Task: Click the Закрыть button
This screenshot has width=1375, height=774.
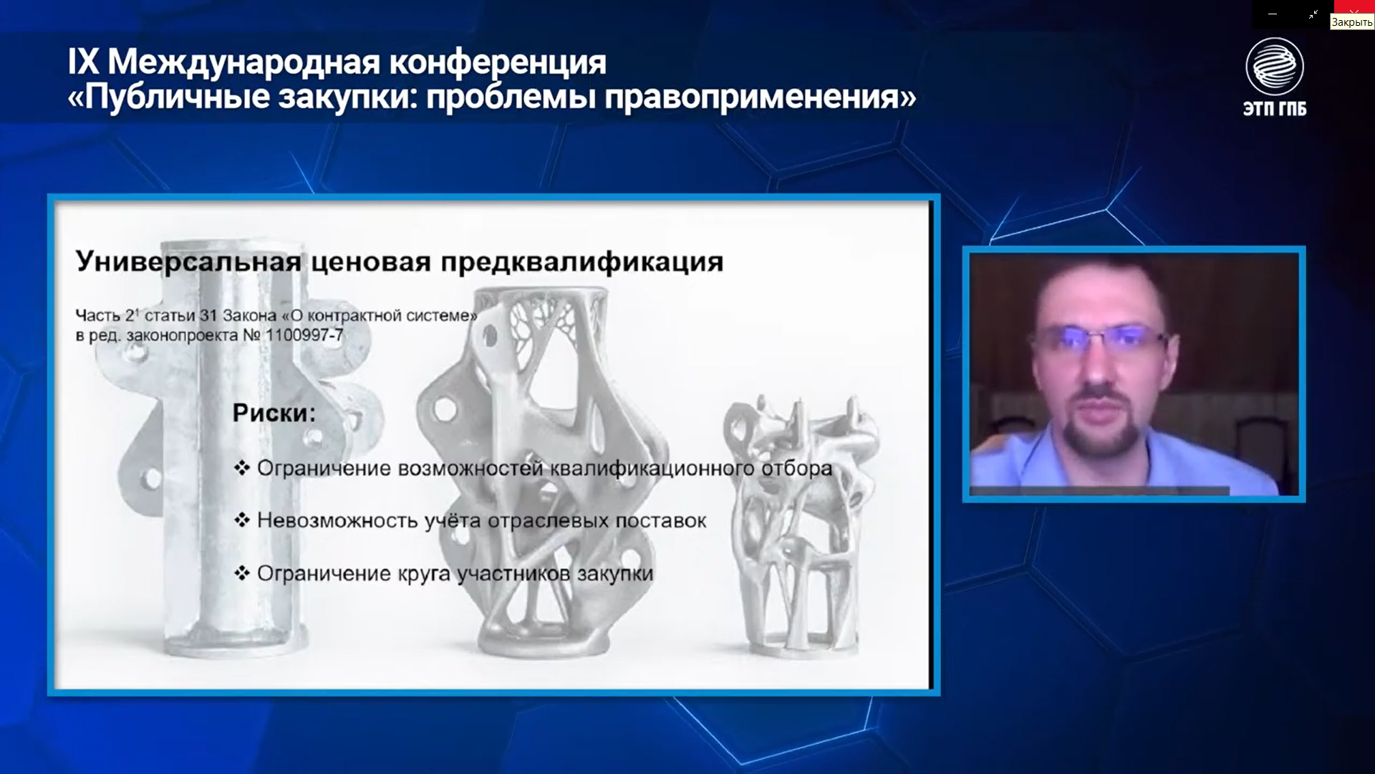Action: pos(1352,22)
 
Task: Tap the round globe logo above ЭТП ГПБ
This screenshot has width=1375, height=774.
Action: pos(1275,67)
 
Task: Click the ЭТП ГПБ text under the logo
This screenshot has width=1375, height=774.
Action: pos(1275,108)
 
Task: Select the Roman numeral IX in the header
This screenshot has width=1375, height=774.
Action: pos(83,62)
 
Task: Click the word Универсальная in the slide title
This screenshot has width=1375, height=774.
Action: pos(188,262)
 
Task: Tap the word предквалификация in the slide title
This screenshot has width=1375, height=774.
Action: pos(582,262)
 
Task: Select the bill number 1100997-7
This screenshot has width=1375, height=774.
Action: pos(304,335)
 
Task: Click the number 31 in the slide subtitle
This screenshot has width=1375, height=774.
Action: pos(208,315)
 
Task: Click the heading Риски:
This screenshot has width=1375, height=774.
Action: pos(274,413)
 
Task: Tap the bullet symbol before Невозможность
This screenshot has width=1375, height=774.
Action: pos(242,520)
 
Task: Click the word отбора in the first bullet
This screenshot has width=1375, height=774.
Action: pos(796,469)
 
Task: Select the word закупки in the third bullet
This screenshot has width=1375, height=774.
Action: pos(615,573)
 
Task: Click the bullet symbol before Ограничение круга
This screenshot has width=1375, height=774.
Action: pos(242,573)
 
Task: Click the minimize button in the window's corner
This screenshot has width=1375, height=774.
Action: pos(1273,14)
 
